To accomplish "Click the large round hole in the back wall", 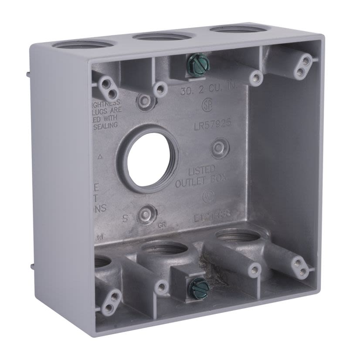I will (x=144, y=158).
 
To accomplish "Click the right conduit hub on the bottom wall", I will (x=237, y=238).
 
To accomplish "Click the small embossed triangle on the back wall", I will (x=101, y=156).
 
